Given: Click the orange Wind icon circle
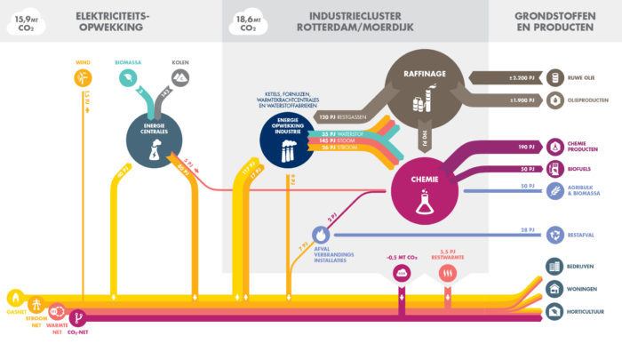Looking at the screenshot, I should pyautogui.click(x=82, y=78).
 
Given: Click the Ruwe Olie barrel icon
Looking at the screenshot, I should pyautogui.click(x=555, y=78).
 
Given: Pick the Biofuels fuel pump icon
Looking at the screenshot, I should pyautogui.click(x=555, y=169).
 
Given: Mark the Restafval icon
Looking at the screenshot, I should pyautogui.click(x=555, y=235).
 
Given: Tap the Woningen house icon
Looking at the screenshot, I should pyautogui.click(x=555, y=289).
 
